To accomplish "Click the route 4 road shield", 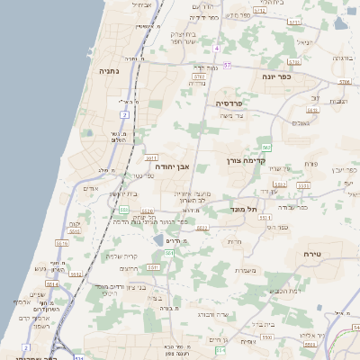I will click(x=217, y=48).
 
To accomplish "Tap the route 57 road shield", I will click(x=227, y=66).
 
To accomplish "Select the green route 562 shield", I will click(x=266, y=147).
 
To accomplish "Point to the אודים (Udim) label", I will click(x=90, y=188).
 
